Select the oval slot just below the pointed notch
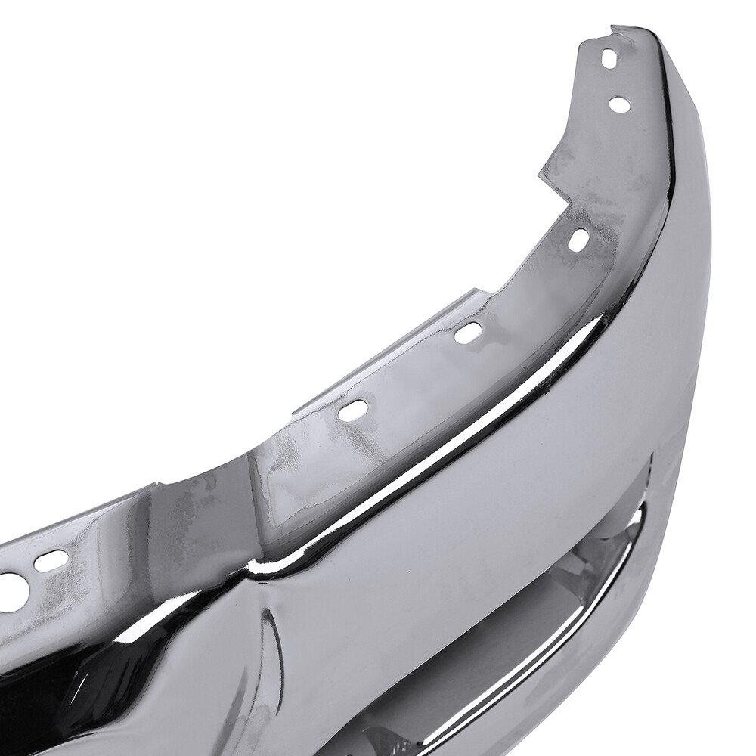[x=578, y=240]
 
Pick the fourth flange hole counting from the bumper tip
[x=469, y=331]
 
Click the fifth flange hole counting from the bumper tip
[x=353, y=410]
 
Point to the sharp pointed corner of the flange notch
[x=539, y=178]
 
